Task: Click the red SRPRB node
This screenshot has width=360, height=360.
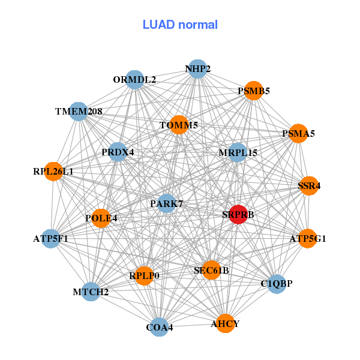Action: [x=238, y=214]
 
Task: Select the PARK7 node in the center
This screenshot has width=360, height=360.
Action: [x=167, y=203]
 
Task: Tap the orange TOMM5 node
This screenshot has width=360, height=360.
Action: [x=179, y=125]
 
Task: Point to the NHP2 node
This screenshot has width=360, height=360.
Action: [x=197, y=69]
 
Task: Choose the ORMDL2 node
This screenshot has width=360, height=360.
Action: [x=135, y=80]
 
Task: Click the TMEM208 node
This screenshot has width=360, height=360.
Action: [x=79, y=112]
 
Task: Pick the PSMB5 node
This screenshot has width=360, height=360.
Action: [x=253, y=91]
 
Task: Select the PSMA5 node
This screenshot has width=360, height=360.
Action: [x=298, y=133]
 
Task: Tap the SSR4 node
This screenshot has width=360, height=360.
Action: [x=309, y=186]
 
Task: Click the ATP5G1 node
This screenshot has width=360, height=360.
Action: [x=308, y=239]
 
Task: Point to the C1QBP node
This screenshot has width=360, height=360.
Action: [x=277, y=284]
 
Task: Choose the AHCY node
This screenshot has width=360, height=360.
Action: [x=226, y=323]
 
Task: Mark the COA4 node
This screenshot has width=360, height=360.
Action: [x=160, y=327]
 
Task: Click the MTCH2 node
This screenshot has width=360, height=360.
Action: [x=91, y=292]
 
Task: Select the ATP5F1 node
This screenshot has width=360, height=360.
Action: [x=51, y=239]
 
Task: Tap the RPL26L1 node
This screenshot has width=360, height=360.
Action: [x=53, y=172]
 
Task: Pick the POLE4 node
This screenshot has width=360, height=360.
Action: [x=101, y=218]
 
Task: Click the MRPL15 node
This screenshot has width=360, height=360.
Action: [x=238, y=152]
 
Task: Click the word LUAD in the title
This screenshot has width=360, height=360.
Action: [x=158, y=25]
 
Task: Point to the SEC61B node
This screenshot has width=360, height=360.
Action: [x=211, y=270]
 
